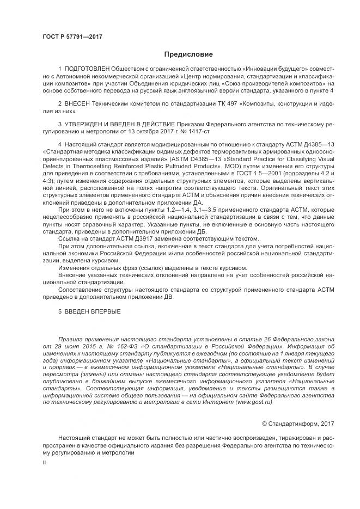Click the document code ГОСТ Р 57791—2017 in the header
(x=72, y=36)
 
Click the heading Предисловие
(x=188, y=54)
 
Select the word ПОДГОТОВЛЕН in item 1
(x=87, y=69)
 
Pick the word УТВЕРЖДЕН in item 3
(x=89, y=125)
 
